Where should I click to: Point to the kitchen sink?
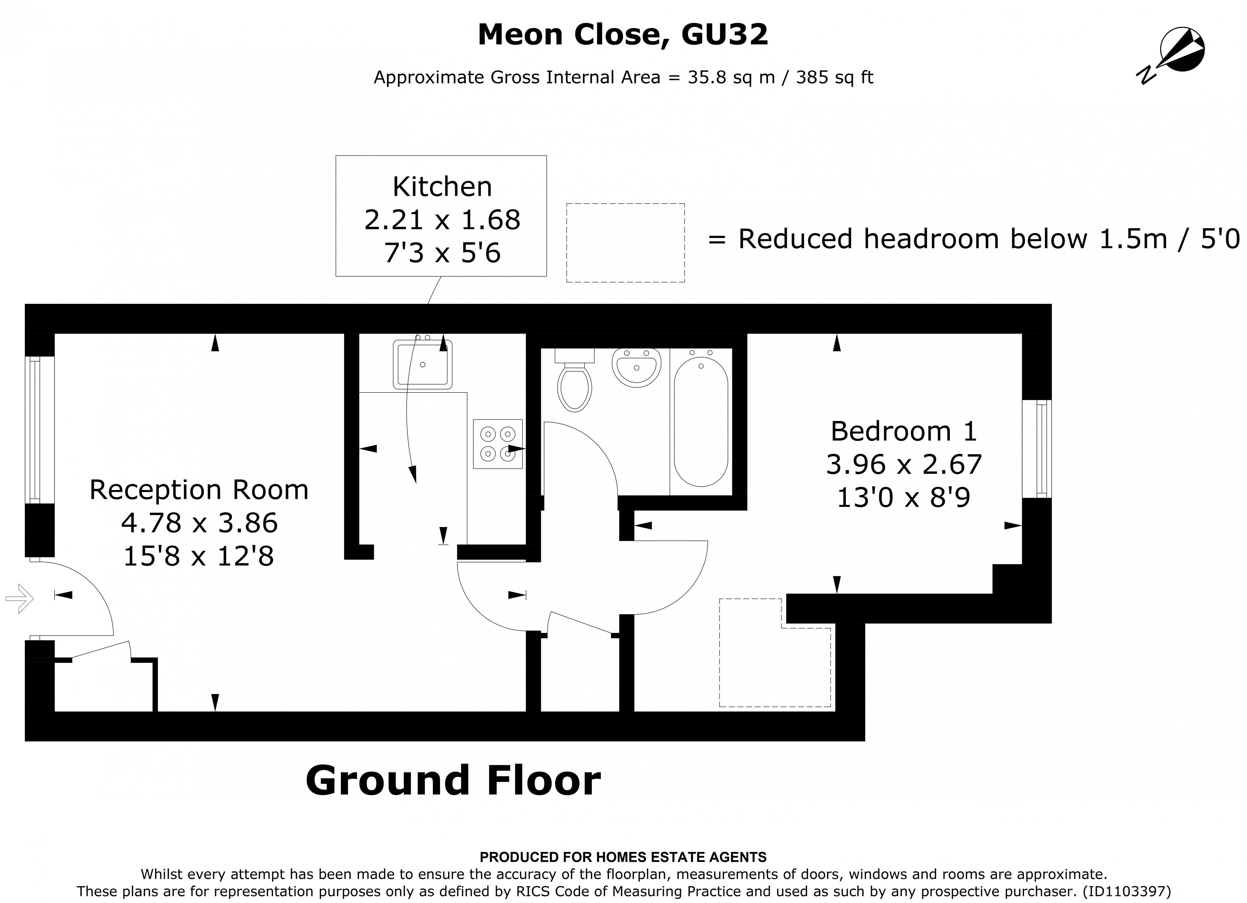point(422,364)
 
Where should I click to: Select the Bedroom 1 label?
point(903,431)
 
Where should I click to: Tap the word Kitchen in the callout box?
point(442,187)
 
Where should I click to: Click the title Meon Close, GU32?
point(623,35)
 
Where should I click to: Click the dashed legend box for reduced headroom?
point(625,242)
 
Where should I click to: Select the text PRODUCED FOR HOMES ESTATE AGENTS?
point(623,857)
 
